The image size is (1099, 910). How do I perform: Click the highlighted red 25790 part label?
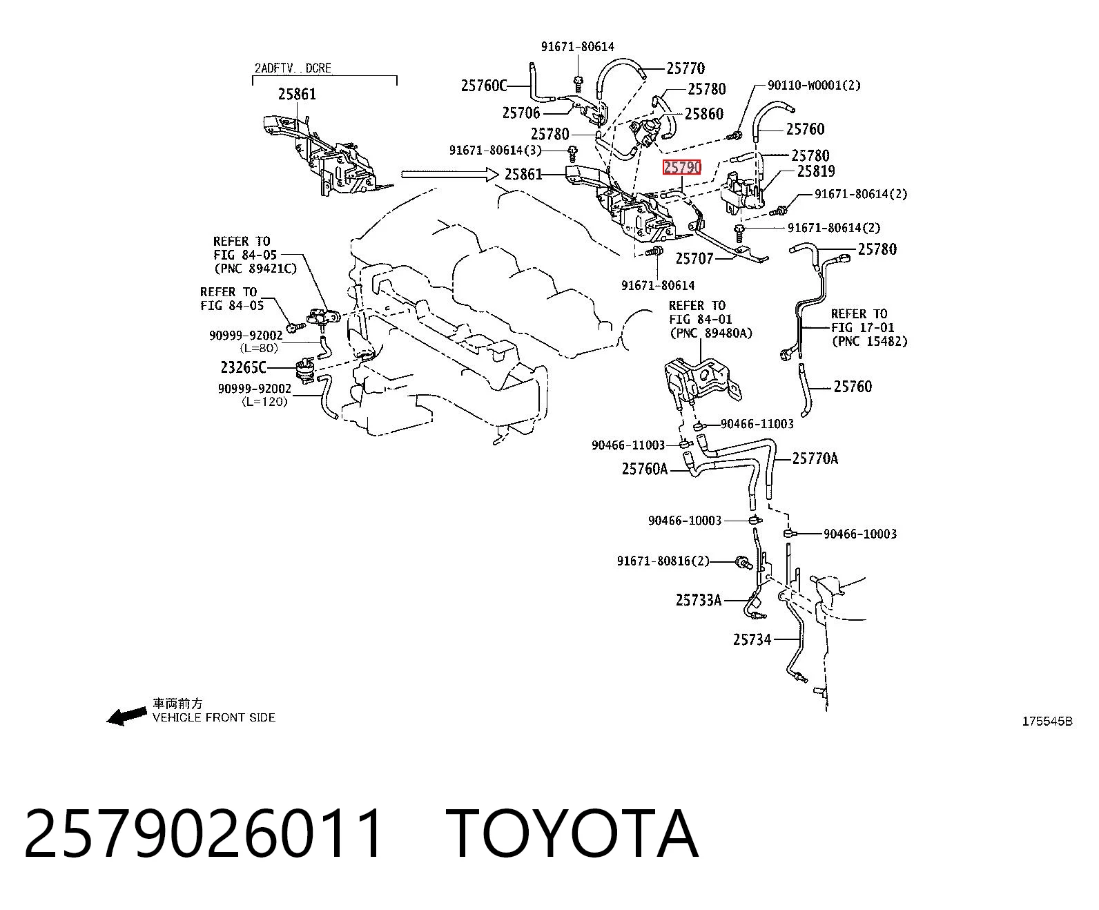click(x=681, y=168)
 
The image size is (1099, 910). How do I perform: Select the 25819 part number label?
click(x=816, y=171)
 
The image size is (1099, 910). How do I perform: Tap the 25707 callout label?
click(x=694, y=259)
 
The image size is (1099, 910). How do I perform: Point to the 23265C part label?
click(x=243, y=367)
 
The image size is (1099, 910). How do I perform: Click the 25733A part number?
click(x=699, y=600)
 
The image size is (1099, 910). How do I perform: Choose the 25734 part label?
click(x=752, y=639)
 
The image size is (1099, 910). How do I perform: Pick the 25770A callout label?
click(x=815, y=458)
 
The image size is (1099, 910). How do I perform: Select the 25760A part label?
click(x=645, y=468)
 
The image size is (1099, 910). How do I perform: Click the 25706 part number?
click(x=521, y=113)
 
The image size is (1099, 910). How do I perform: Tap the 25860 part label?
click(x=704, y=114)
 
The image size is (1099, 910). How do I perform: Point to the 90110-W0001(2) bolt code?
click(x=814, y=85)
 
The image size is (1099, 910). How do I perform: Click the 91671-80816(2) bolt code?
click(x=663, y=561)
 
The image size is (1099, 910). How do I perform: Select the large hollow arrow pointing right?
click(x=449, y=174)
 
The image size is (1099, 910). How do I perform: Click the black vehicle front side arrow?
click(x=126, y=716)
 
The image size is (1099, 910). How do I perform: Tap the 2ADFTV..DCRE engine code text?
click(x=293, y=68)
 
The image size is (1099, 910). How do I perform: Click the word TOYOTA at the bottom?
click(x=572, y=835)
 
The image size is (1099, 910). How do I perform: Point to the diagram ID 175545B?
click(x=1047, y=722)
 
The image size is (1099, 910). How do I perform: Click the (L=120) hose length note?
click(x=265, y=402)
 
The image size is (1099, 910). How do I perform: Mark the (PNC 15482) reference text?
click(x=870, y=341)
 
